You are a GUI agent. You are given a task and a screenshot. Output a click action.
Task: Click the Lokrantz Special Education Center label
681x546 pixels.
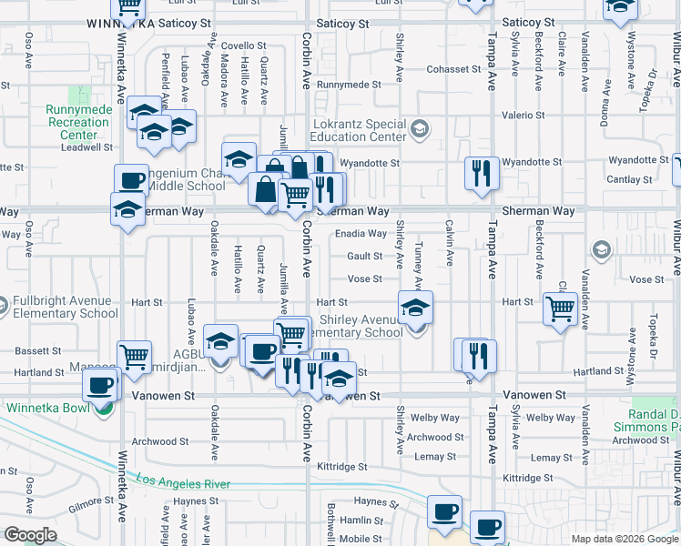359,130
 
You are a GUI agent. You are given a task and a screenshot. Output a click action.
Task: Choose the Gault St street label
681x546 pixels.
364,257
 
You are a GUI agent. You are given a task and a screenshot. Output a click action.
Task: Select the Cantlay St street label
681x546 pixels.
634,180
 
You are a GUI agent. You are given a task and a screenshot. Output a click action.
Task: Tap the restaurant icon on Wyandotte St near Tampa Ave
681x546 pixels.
480,172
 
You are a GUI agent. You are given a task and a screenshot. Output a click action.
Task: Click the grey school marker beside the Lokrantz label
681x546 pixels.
419,129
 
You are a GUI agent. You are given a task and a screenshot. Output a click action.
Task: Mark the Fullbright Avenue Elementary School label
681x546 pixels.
56,307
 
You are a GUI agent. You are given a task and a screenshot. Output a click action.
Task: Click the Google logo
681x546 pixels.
30,535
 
